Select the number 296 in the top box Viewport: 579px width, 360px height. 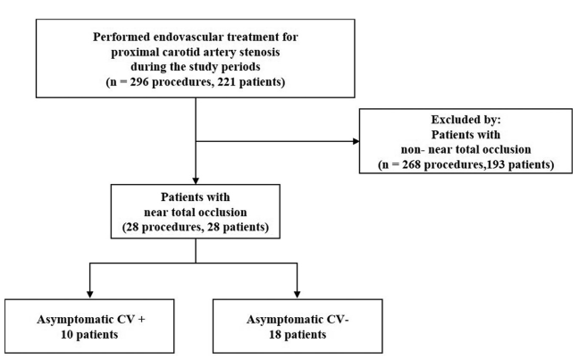pyautogui.click(x=139, y=81)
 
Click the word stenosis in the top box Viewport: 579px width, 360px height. pyautogui.click(x=260, y=52)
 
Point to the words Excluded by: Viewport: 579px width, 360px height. pyautogui.click(x=466, y=120)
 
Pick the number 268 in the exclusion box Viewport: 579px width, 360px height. pyautogui.click(x=412, y=164)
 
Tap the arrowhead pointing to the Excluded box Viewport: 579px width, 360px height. pyautogui.click(x=356, y=141)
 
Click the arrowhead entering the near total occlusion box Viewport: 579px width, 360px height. pyautogui.click(x=196, y=181)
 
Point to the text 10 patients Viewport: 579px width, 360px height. pyautogui.click(x=89, y=334)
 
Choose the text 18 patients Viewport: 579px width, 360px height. pyautogui.click(x=298, y=334)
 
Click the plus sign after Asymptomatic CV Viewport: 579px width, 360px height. pyautogui.click(x=141, y=320)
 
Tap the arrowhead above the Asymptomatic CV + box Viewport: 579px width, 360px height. pyautogui.click(x=89, y=295)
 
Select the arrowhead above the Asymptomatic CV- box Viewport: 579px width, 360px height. pyautogui.click(x=298, y=295)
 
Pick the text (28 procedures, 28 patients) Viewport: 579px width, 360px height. pyautogui.click(x=196, y=227)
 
